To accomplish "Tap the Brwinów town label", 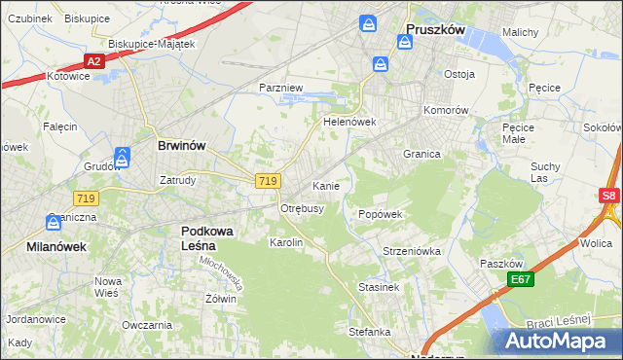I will (181, 145).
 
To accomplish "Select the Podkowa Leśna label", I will (210, 237).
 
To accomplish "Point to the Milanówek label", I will (55, 247).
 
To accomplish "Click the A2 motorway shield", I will (93, 61).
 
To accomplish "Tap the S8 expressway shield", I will (609, 196).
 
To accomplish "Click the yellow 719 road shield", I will (269, 181).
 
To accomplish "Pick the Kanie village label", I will (325, 185).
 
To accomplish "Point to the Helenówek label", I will (349, 123).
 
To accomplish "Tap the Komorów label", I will (447, 110).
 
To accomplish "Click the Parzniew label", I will (281, 88).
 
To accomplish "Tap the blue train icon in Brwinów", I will (123, 156).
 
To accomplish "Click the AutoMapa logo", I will (558, 342).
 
